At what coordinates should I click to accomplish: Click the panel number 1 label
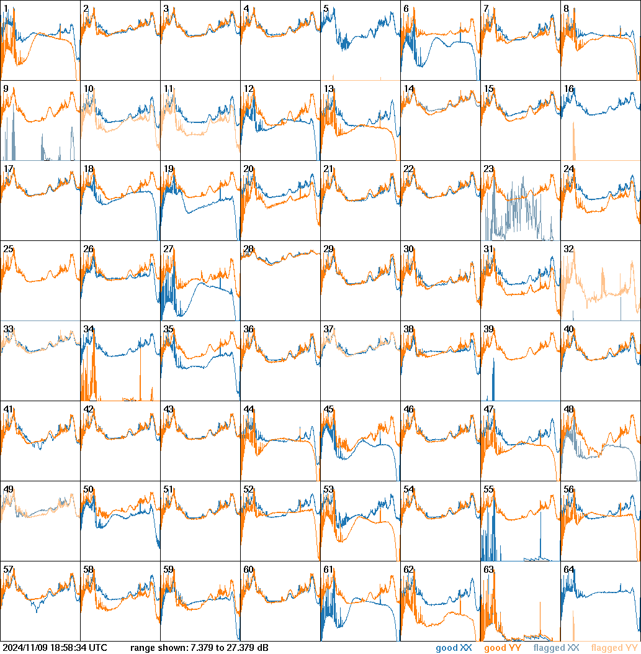[x=6, y=9]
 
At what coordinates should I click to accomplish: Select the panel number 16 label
[x=568, y=89]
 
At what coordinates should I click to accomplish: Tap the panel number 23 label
[x=488, y=169]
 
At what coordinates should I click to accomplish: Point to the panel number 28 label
[x=248, y=249]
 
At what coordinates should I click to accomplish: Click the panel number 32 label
[x=568, y=249]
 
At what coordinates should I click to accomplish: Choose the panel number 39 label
[x=488, y=329]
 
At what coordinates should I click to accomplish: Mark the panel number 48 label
[x=568, y=409]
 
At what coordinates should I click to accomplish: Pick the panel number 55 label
[x=488, y=489]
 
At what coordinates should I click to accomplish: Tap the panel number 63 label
[x=488, y=570]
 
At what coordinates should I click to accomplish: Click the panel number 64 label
[x=568, y=570]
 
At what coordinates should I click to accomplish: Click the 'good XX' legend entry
[x=454, y=648]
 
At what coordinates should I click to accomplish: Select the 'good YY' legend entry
[x=503, y=648]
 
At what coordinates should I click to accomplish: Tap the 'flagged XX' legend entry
[x=556, y=648]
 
